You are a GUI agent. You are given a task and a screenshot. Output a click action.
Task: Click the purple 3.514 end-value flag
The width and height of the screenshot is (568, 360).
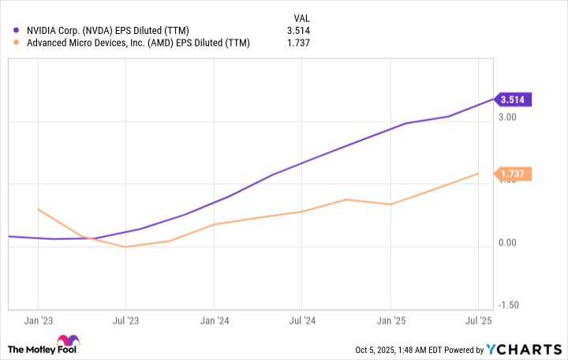(514, 99)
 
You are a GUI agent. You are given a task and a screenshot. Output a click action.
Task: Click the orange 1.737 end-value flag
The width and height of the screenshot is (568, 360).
(514, 173)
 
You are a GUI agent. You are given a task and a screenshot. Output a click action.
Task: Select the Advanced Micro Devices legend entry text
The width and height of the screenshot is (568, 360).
(137, 43)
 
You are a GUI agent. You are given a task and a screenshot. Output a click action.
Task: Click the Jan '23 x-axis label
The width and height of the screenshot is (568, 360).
(39, 321)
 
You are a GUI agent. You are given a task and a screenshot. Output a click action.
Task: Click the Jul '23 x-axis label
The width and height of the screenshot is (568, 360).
(125, 321)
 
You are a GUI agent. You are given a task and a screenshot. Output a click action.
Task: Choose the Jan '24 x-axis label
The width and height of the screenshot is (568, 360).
(214, 321)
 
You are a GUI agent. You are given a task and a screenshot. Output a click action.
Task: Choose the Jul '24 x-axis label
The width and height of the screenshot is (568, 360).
(301, 321)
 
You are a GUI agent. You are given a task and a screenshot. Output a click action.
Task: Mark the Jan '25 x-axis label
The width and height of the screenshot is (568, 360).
(390, 321)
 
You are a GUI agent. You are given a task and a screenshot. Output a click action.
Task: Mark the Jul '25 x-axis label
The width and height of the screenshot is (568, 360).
(478, 321)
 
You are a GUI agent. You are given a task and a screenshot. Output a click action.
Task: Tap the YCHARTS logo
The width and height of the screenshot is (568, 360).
(524, 350)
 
